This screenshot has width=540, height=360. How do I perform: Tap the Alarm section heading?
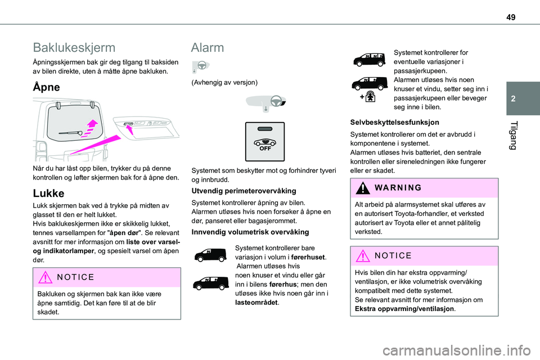point(207,47)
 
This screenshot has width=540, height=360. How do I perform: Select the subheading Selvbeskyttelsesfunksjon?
point(394,122)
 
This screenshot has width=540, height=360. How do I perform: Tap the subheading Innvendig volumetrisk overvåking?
point(250,232)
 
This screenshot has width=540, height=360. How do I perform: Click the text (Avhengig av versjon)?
point(225,83)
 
